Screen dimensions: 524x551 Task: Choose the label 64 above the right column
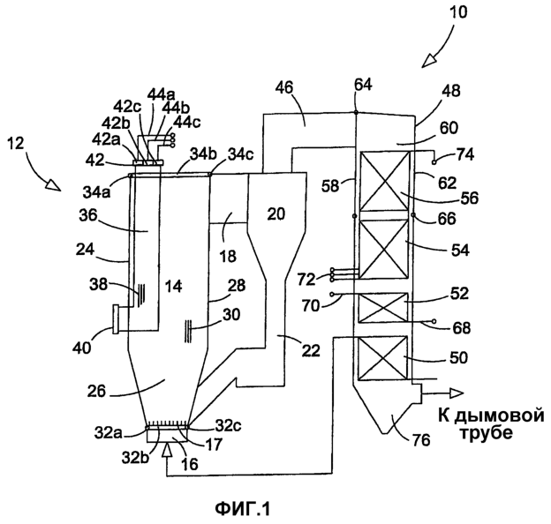pos(364,85)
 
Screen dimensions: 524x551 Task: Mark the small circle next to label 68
pos(434,321)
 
